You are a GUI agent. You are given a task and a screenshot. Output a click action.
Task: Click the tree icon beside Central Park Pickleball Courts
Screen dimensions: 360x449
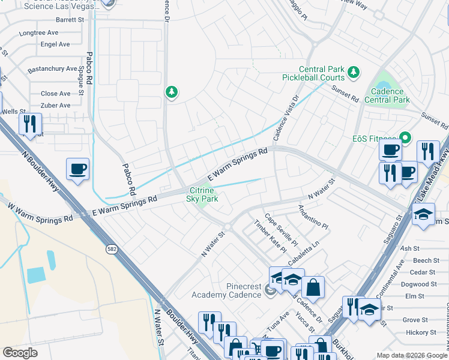point(354,73)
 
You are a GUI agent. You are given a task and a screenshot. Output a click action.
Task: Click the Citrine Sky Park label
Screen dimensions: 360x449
point(202,194)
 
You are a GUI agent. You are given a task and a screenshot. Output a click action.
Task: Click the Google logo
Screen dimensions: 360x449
point(20,353)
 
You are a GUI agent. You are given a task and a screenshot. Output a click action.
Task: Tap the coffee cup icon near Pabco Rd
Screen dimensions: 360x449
point(78,170)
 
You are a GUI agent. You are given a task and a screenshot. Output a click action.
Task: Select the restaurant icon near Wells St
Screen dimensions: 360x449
point(29,124)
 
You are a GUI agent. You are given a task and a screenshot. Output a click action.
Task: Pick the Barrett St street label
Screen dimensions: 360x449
point(70,20)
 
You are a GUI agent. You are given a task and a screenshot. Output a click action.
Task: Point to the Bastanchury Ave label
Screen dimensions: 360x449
point(53,69)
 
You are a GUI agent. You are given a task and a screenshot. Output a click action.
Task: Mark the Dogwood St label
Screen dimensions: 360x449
point(414,284)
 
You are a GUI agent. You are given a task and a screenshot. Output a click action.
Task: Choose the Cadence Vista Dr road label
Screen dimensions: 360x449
point(286,118)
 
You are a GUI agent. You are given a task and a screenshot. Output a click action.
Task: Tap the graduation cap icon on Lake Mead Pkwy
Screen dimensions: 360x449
point(423,215)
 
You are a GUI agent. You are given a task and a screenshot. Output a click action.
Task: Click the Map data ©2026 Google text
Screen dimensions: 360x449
point(403,355)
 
